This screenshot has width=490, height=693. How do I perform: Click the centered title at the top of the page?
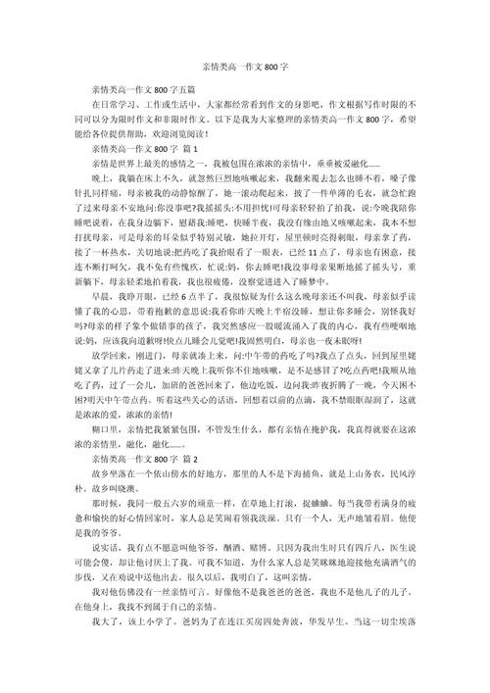tap(245, 67)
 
